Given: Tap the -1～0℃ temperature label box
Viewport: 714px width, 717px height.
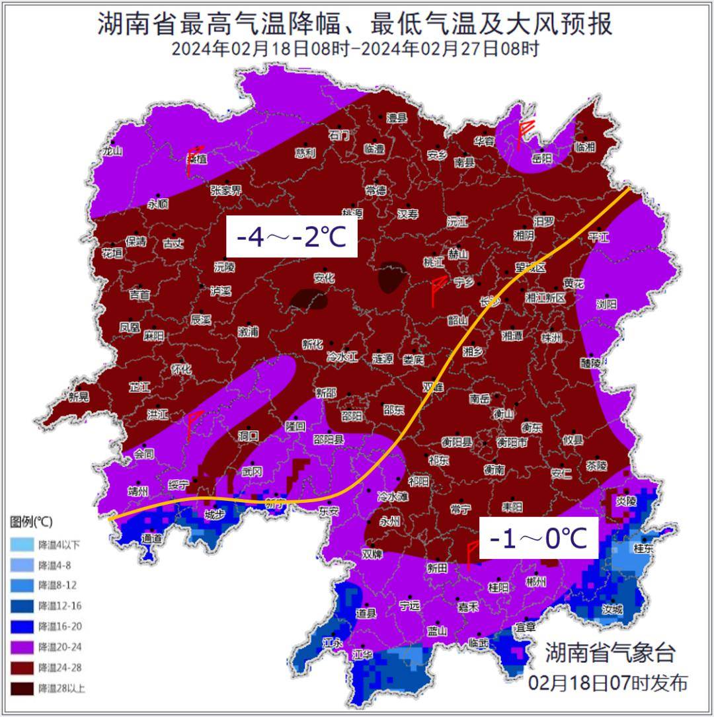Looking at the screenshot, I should point(538,539).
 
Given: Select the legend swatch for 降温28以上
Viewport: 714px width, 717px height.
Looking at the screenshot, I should point(22,688).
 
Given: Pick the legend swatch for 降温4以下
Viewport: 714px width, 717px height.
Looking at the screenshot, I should point(22,545).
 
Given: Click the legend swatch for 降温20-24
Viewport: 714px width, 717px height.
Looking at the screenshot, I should point(22,647).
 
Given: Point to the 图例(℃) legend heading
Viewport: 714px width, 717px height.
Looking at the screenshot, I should point(31,522).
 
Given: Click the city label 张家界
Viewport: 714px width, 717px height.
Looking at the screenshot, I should point(226,190).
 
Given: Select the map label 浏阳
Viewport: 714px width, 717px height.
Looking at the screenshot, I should point(606,304).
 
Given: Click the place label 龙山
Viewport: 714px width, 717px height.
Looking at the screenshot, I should point(112,151).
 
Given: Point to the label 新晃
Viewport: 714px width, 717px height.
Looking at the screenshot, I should point(78,396).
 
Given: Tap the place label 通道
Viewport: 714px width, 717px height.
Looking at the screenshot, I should point(151,539).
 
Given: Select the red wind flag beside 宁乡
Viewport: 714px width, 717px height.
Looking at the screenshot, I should point(436,291).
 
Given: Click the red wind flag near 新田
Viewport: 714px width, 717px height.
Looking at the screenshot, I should point(471,554).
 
